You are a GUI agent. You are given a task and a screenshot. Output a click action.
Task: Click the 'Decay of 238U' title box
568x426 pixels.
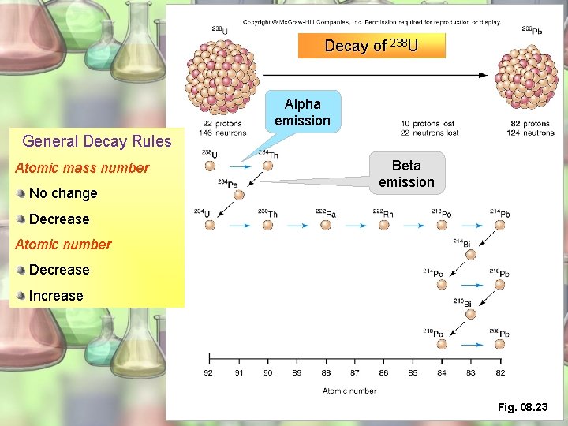click(x=372, y=46)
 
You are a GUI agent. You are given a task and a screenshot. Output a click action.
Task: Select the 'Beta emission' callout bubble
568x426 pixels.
click(x=406, y=174)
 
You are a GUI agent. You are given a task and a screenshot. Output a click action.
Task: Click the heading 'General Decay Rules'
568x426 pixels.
click(x=97, y=142)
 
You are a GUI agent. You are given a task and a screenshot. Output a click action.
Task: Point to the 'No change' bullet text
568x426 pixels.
click(x=63, y=193)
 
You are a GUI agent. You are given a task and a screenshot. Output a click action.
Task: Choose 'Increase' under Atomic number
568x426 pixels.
click(x=56, y=296)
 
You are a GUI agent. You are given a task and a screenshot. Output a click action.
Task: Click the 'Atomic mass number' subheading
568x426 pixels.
click(x=82, y=168)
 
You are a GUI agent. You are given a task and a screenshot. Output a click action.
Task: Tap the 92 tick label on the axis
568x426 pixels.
click(x=208, y=373)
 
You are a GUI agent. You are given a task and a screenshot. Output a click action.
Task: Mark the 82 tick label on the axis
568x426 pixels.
click(x=500, y=373)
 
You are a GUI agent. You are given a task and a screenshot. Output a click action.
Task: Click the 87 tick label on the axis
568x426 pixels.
click(x=354, y=373)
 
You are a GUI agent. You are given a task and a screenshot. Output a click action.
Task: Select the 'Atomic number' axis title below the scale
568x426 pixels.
click(x=349, y=390)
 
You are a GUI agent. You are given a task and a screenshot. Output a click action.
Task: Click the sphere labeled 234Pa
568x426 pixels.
click(x=239, y=195)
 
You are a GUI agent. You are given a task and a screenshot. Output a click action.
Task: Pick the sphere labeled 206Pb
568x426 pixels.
click(x=500, y=345)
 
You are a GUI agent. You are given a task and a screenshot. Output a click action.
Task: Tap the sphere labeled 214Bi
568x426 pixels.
click(x=471, y=254)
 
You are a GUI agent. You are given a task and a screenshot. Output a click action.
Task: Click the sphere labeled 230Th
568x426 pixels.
click(x=267, y=225)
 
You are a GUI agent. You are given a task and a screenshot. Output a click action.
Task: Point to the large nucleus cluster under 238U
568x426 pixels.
click(x=215, y=77)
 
